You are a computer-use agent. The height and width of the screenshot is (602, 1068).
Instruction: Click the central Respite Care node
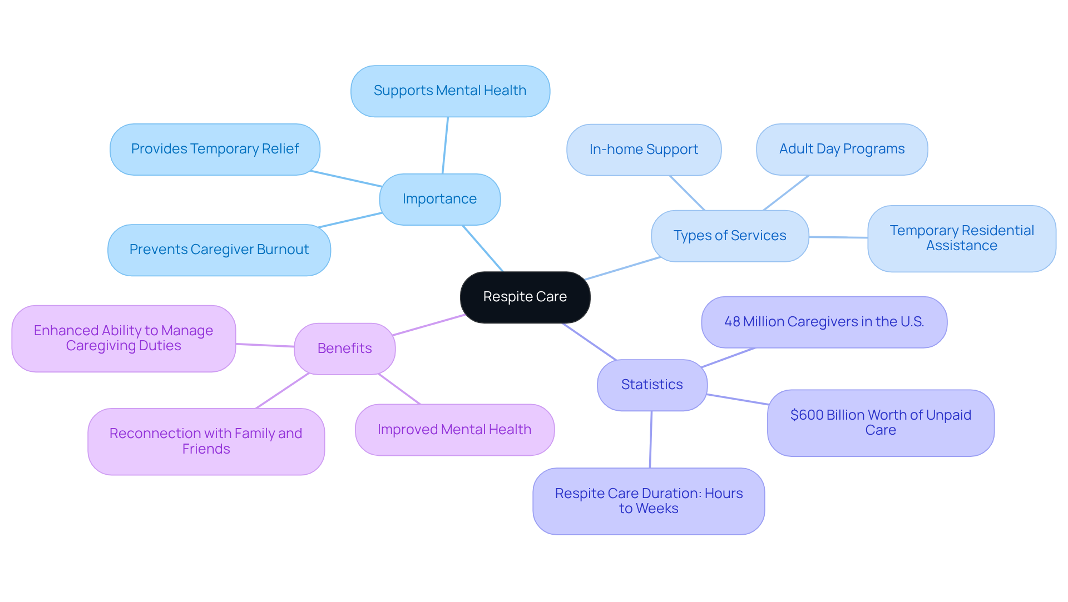pyautogui.click(x=525, y=297)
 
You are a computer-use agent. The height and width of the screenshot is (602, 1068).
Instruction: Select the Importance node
pyautogui.click(x=439, y=199)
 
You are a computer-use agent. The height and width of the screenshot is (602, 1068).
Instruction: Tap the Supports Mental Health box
pyautogui.click(x=450, y=91)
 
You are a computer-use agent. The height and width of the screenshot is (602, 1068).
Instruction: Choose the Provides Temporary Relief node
pyautogui.click(x=215, y=149)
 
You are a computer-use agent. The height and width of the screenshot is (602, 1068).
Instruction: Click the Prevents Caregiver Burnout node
pyautogui.click(x=219, y=250)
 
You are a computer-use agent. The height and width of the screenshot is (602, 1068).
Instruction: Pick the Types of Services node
pyautogui.click(x=730, y=236)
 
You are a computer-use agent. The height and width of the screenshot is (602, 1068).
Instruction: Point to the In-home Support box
pyautogui.click(x=644, y=150)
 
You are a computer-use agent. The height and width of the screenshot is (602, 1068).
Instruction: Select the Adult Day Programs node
pyautogui.click(x=842, y=149)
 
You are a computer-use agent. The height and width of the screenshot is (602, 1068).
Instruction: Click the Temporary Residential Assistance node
pyautogui.click(x=961, y=238)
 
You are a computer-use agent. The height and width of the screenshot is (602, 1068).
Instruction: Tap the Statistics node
pyautogui.click(x=652, y=385)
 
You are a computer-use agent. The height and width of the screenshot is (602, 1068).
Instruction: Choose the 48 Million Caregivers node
pyautogui.click(x=824, y=322)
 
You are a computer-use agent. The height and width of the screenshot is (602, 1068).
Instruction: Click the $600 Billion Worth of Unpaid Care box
pyautogui.click(x=881, y=422)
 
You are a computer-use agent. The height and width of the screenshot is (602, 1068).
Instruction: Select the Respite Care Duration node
pyautogui.click(x=649, y=501)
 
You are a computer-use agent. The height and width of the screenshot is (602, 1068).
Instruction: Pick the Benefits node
pyautogui.click(x=344, y=349)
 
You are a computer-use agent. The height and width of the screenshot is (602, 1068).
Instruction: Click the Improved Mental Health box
pyautogui.click(x=454, y=430)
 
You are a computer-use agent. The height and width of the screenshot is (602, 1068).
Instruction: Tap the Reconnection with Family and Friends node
pyautogui.click(x=206, y=441)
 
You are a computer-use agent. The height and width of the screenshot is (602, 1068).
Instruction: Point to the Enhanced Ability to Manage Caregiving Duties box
pyautogui.click(x=123, y=338)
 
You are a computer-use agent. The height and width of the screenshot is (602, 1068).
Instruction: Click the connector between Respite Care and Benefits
pyautogui.click(x=429, y=325)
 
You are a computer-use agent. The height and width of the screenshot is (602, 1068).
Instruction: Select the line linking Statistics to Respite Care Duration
pyautogui.click(x=651, y=439)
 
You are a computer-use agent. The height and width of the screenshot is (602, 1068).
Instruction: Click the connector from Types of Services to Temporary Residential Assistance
pyautogui.click(x=838, y=237)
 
